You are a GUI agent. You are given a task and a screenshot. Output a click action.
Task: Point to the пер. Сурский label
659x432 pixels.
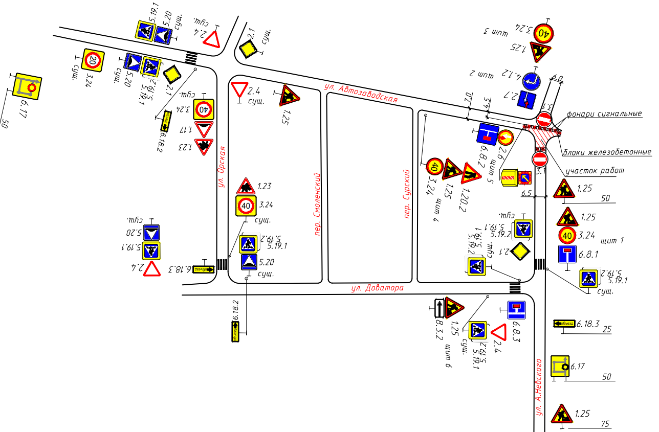pyautogui.click(x=408, y=194)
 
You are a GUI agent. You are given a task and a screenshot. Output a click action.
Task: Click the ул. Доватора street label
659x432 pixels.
pyautogui.click(x=377, y=288)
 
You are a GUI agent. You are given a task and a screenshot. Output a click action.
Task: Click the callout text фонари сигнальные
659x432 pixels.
pyautogui.click(x=604, y=114)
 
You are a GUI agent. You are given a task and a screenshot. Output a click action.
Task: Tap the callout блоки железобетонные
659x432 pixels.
pyautogui.click(x=607, y=152)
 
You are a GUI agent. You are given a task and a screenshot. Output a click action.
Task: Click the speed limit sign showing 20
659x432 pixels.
pyautogui.click(x=93, y=60)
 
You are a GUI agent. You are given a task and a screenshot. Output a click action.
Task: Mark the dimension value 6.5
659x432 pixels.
pyautogui.click(x=526, y=194)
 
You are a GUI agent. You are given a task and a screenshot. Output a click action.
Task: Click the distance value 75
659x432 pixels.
pyautogui.click(x=605, y=424)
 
